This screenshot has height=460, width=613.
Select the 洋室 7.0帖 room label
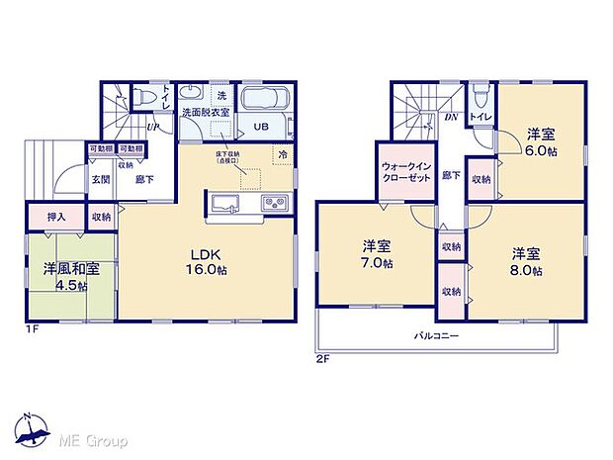click(x=374, y=255)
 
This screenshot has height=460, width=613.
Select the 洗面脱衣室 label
click(x=205, y=113)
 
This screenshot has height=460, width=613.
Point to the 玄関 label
click(x=102, y=179)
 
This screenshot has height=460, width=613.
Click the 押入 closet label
click(x=53, y=217)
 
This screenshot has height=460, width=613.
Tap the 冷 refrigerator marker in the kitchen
click(x=283, y=155)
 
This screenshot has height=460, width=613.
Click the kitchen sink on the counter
click(x=223, y=203)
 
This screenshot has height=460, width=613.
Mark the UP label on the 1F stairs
click(x=153, y=127)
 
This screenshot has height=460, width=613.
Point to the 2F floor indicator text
click(x=321, y=358)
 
